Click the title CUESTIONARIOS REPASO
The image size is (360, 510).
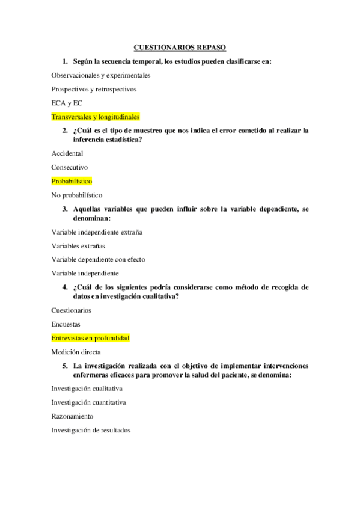tap(179, 47)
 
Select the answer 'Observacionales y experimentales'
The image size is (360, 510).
tap(101, 75)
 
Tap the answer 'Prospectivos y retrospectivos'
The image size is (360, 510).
tap(94, 89)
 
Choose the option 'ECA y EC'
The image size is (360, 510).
tap(67, 103)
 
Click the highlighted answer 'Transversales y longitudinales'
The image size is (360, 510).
tap(96, 117)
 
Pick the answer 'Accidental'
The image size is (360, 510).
tap(67, 153)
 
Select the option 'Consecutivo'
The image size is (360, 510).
tap(70, 167)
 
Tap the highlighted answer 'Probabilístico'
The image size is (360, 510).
tap(72, 181)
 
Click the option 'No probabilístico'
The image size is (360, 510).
tap(77, 195)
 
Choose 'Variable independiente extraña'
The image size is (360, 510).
tap(97, 232)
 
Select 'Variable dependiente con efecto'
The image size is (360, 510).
tap(98, 259)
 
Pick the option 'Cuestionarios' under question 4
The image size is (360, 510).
tap(72, 310)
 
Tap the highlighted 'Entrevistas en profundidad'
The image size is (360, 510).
tap(91, 338)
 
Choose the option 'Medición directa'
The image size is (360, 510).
tap(76, 352)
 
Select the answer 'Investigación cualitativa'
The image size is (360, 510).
tap(87, 389)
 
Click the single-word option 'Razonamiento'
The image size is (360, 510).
tap(72, 416)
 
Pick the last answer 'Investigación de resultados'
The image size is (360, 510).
tap(91, 430)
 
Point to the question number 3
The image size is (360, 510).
tap(64, 209)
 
